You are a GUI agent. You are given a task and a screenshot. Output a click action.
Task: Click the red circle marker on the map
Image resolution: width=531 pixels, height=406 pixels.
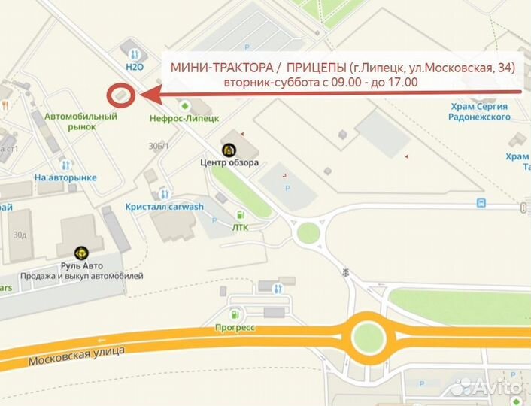point(120,95)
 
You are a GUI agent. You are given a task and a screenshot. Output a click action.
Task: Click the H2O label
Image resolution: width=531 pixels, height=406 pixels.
point(135,66)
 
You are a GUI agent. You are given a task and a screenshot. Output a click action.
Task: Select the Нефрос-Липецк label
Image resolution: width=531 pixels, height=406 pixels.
point(184,118)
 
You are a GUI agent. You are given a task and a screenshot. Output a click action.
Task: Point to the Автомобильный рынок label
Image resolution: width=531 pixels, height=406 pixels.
point(81,121)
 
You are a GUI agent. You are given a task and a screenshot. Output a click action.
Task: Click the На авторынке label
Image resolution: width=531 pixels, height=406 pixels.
point(66,177)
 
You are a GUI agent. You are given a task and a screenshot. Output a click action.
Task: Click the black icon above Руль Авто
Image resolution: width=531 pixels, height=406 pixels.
point(82,253)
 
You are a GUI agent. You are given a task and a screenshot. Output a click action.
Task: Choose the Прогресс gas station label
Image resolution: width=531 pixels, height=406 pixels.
point(235,328)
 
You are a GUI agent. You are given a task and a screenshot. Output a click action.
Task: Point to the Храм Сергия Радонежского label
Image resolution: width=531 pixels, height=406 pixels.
point(478,111)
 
